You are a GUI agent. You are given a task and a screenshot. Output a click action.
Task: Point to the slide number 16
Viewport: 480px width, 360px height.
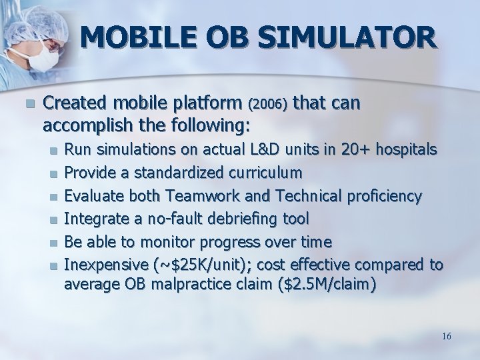pos(446,336)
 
